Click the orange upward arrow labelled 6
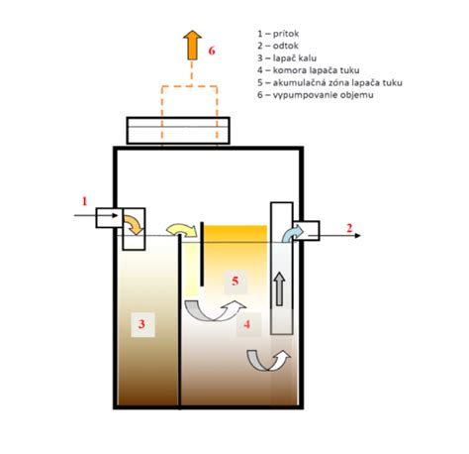(192, 45)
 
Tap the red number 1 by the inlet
(84, 201)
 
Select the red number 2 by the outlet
(349, 228)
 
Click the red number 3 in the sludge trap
(141, 324)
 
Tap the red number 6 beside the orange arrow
(212, 51)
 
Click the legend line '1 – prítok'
(278, 34)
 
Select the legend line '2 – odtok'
(278, 46)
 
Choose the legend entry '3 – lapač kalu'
(287, 58)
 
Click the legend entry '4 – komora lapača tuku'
(309, 70)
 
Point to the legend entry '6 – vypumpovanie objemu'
(316, 95)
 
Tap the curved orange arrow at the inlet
(135, 224)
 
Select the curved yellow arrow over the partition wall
(182, 230)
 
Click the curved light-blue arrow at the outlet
(292, 233)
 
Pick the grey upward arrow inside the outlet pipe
(280, 289)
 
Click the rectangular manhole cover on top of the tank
(178, 131)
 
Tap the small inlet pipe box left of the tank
(109, 218)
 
